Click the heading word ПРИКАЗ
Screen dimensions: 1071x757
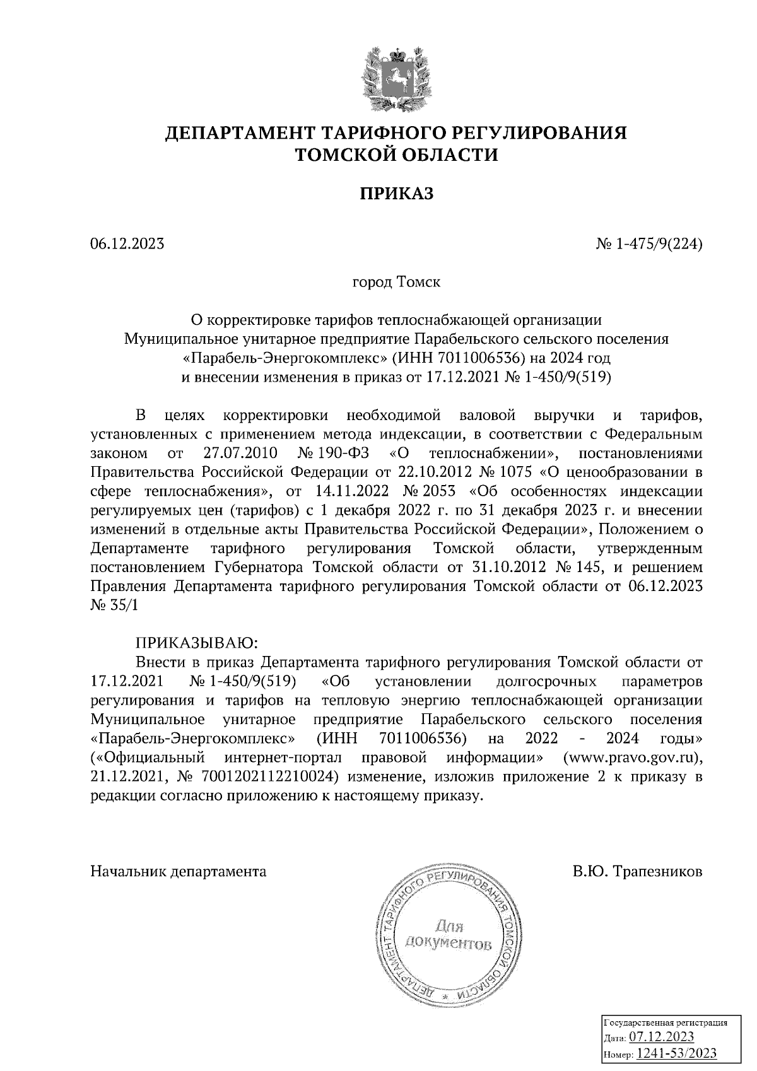[397, 194]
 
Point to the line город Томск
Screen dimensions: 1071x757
[396, 281]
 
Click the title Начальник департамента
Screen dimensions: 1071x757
[179, 872]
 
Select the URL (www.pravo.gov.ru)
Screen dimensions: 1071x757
[632, 756]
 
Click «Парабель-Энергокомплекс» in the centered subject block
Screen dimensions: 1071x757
[282, 358]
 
